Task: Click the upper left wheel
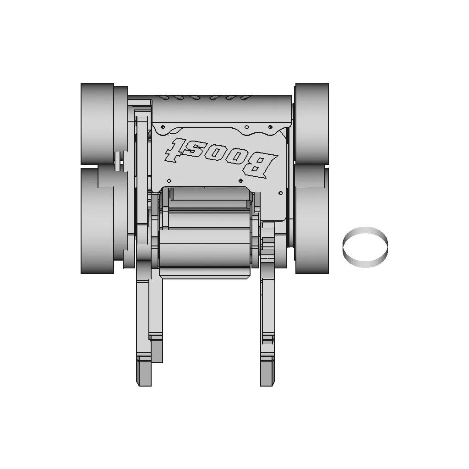pos(97,124)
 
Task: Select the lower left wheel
pos(97,221)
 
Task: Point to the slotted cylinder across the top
pos(222,108)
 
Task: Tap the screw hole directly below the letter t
pos(169,180)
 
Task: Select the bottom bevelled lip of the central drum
pos(206,273)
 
